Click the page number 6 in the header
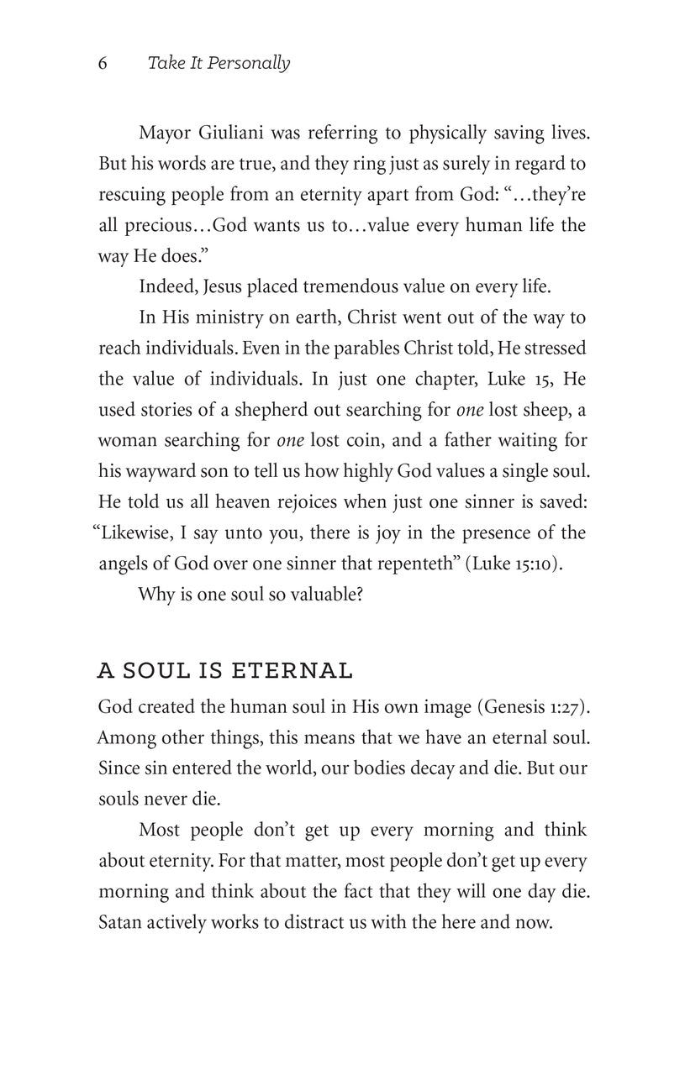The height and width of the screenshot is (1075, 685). (103, 64)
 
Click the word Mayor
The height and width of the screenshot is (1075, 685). (165, 133)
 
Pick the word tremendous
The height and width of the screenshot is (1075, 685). (353, 286)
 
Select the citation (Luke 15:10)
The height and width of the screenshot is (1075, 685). (514, 564)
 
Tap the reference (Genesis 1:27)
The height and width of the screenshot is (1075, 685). (533, 707)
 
